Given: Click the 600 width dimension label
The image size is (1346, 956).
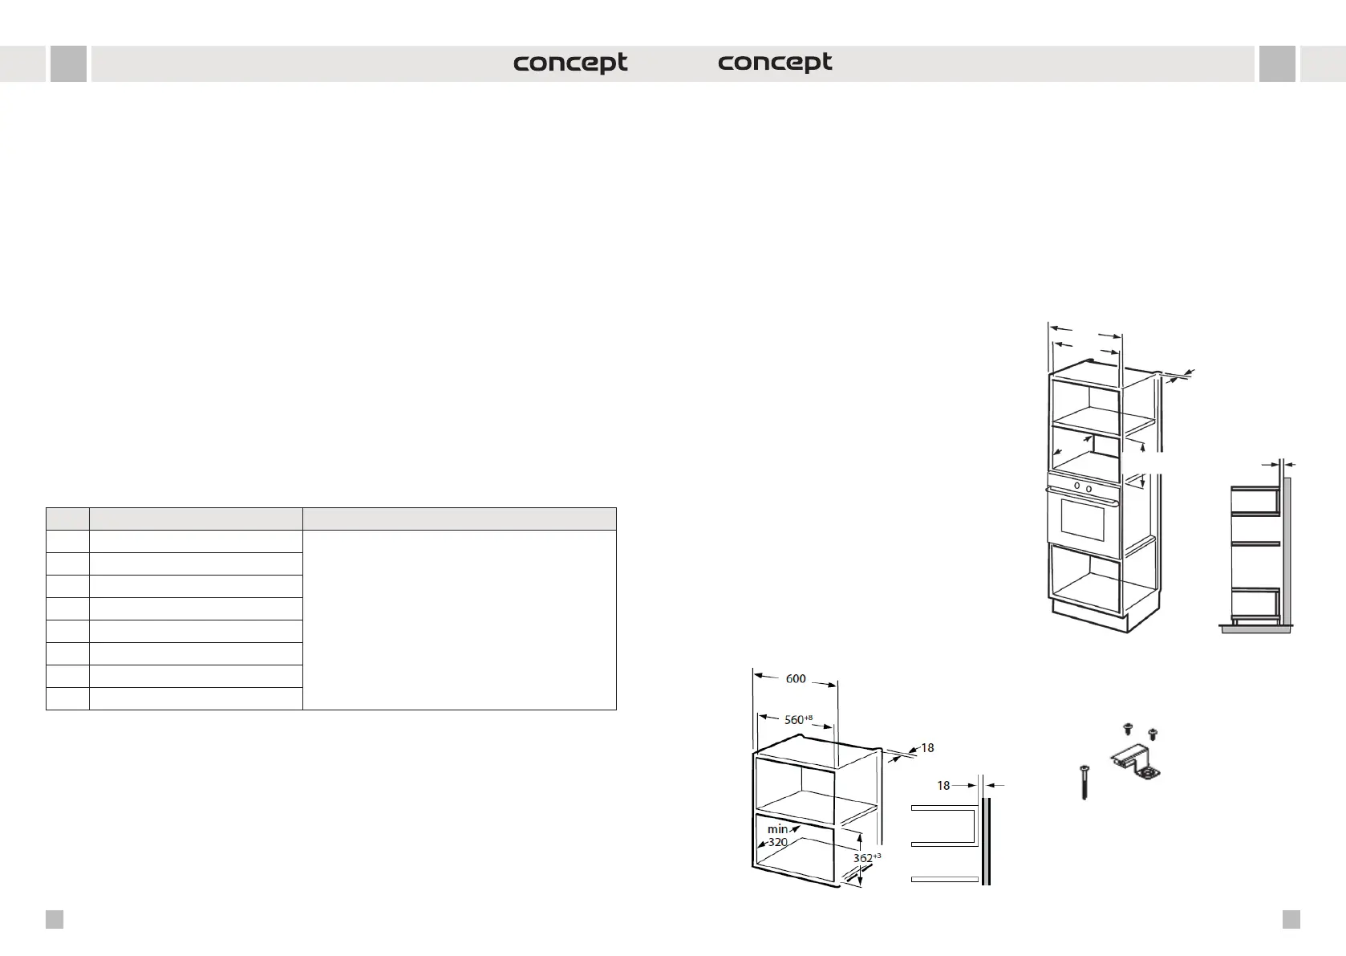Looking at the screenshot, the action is coord(795,679).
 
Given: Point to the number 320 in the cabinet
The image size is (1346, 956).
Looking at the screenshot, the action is coord(777,843).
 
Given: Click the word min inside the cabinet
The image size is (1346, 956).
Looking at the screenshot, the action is coord(777,829).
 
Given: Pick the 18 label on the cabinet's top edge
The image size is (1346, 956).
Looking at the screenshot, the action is coord(927,748).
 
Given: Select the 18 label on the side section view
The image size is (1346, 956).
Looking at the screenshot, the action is coord(943,785).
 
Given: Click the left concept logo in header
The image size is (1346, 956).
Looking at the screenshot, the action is coord(570,63).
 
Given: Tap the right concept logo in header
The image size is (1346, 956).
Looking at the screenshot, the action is coord(775,63).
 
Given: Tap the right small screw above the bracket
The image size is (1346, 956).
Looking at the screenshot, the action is coord(1153,733).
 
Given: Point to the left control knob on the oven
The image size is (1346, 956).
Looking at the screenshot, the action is coord(1076,486).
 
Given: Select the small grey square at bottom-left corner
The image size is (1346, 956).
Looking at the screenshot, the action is coord(54,919).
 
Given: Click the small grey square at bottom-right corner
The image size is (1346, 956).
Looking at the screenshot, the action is coord(1291,919).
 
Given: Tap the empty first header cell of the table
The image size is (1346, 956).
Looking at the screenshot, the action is coord(67,519).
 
